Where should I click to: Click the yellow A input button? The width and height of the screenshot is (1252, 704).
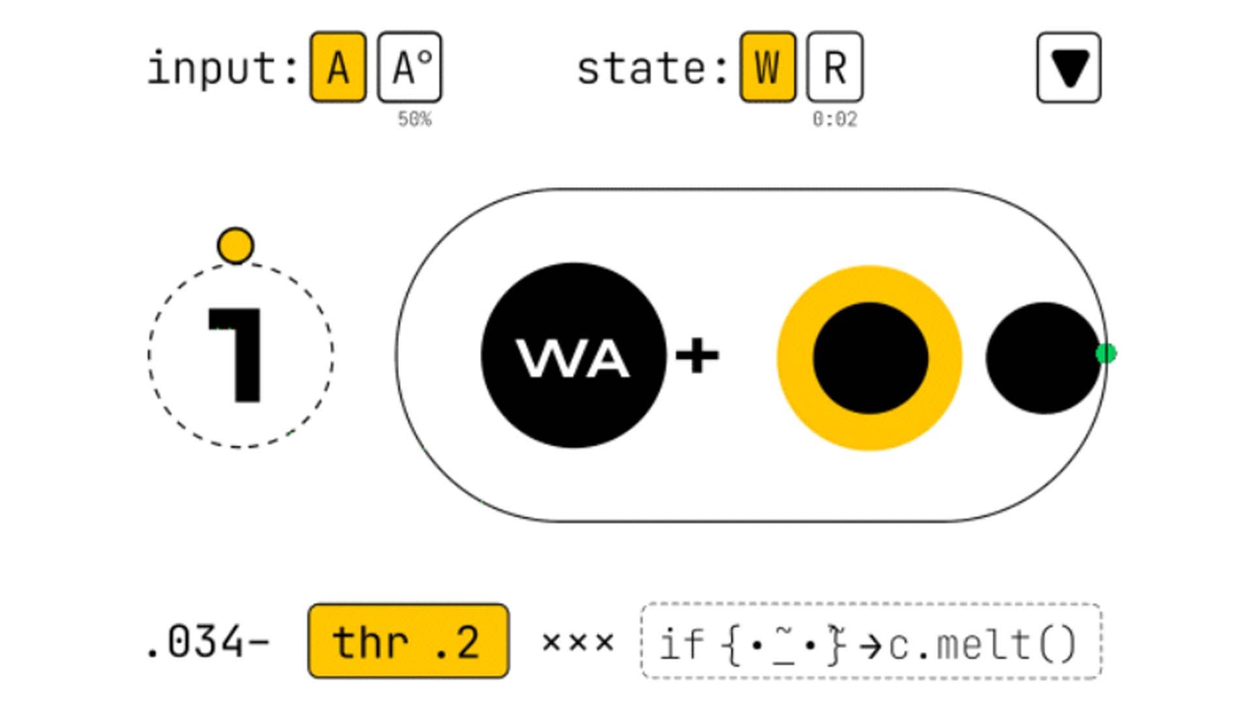click(x=338, y=67)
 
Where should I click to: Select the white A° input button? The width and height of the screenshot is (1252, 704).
click(x=410, y=67)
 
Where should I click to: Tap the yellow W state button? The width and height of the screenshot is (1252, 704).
click(x=768, y=67)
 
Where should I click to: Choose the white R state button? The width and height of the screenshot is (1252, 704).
click(x=835, y=67)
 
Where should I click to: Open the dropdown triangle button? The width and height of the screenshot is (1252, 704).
click(x=1069, y=68)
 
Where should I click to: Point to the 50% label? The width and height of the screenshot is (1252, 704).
click(x=415, y=119)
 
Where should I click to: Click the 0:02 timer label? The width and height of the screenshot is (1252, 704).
click(x=835, y=119)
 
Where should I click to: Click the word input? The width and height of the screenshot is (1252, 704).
click(x=216, y=68)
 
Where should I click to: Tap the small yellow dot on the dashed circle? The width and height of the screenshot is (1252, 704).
click(x=235, y=246)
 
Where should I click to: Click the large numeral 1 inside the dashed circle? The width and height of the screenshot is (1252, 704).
click(x=237, y=355)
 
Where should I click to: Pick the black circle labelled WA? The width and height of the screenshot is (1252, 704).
click(x=573, y=356)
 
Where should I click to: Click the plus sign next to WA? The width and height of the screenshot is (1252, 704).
click(x=697, y=356)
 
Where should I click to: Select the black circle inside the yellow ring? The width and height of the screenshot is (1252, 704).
click(x=870, y=358)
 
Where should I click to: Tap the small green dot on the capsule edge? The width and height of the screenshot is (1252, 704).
click(x=1106, y=353)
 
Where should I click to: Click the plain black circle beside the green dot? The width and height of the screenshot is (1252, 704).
click(x=1042, y=358)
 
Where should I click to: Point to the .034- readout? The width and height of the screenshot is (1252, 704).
click(x=208, y=643)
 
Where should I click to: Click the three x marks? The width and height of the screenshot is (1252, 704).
click(x=578, y=643)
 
